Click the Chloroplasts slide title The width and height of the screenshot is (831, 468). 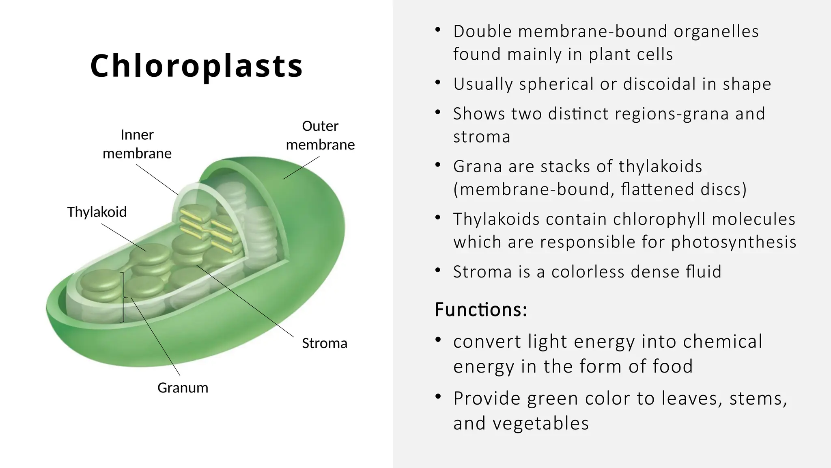click(196, 65)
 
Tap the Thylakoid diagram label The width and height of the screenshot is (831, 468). click(97, 212)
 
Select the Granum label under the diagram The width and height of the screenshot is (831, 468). click(183, 388)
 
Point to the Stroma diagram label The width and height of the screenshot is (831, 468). click(325, 343)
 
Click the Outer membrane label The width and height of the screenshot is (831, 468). click(320, 135)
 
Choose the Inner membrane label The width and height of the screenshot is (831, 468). click(137, 144)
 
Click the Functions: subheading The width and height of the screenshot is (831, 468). click(481, 310)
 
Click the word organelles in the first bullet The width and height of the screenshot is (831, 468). click(716, 32)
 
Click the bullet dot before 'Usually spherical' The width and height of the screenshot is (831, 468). click(437, 83)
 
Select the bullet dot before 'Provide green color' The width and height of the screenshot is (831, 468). click(437, 396)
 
